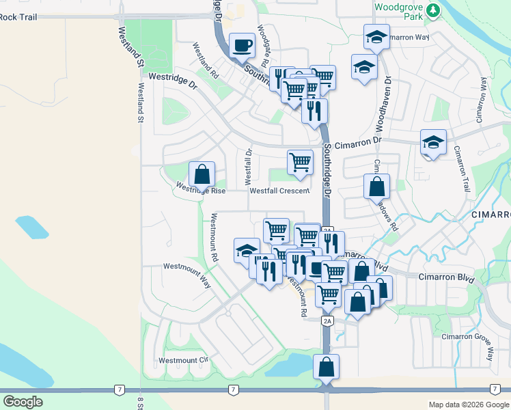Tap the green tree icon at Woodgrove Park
pyautogui.click(x=432, y=10)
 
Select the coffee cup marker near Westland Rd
pyautogui.click(x=242, y=46)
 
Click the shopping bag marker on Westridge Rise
pyautogui.click(x=202, y=174)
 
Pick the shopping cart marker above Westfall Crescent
pyautogui.click(x=300, y=163)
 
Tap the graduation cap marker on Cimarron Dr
pyautogui.click(x=433, y=143)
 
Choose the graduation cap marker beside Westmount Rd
pyautogui.click(x=246, y=251)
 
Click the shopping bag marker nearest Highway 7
pyautogui.click(x=327, y=367)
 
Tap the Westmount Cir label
pyautogui.click(x=182, y=360)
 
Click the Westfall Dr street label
pyautogui.click(x=248, y=161)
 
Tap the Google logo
pyautogui.click(x=23, y=402)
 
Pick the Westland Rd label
pyautogui.click(x=205, y=60)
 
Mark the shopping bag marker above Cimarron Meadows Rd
pyautogui.click(x=376, y=186)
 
